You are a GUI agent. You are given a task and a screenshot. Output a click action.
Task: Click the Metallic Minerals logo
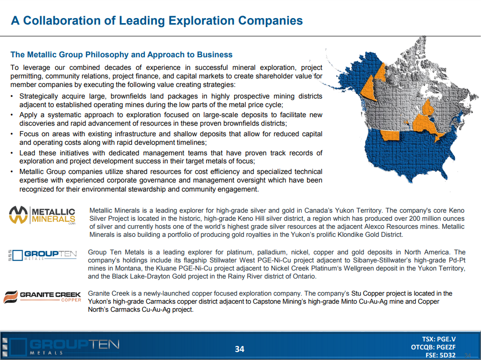(x=42, y=215)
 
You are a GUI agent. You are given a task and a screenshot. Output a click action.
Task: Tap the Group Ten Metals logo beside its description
(x=43, y=255)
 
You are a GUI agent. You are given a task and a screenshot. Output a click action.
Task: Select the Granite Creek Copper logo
(x=42, y=297)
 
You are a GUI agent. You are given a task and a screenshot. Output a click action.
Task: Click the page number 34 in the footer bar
(x=240, y=349)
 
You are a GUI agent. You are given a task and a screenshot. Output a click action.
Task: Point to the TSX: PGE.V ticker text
(x=439, y=339)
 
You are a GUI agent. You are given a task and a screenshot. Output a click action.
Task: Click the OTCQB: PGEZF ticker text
(x=433, y=347)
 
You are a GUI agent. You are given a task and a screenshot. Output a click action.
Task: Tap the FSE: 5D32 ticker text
(x=440, y=355)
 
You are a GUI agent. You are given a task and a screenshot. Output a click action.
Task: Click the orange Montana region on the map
(x=390, y=135)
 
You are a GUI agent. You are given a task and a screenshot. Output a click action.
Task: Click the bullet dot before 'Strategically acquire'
(x=12, y=97)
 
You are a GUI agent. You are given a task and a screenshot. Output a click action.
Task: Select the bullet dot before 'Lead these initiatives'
(x=12, y=153)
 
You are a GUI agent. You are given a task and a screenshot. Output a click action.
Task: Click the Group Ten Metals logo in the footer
(x=61, y=347)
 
